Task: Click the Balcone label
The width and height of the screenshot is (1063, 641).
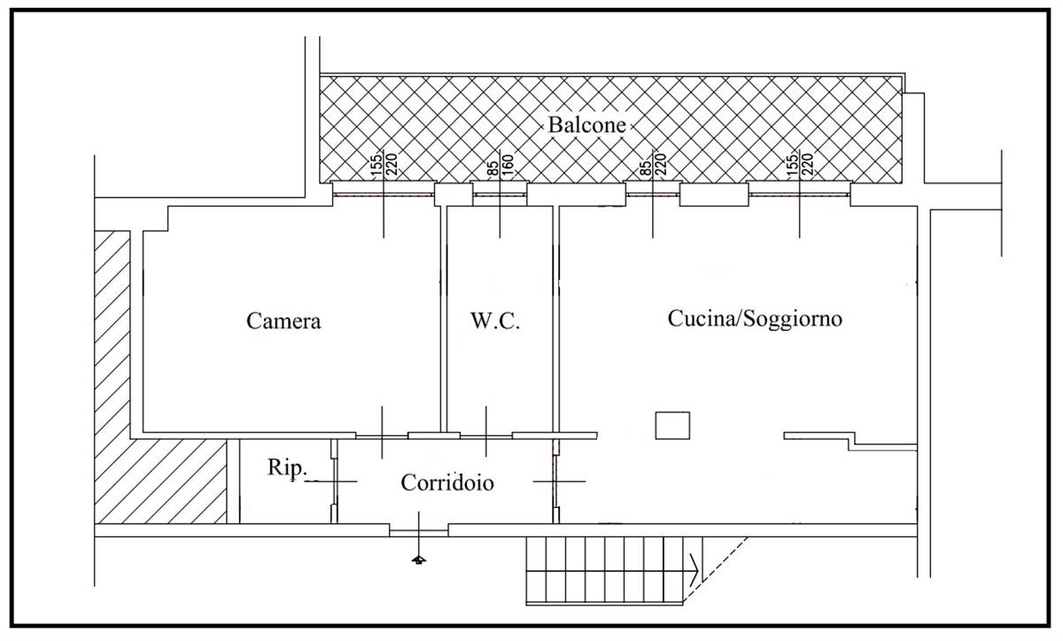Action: tap(587, 125)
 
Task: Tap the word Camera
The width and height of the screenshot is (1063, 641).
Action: tap(283, 321)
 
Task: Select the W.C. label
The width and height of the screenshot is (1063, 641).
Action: tap(495, 321)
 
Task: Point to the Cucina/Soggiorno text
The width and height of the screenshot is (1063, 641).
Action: tap(755, 318)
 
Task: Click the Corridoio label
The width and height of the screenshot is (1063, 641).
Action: tap(447, 483)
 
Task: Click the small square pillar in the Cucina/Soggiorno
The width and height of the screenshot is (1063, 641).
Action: tap(672, 426)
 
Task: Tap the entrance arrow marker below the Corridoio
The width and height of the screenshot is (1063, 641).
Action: tap(418, 559)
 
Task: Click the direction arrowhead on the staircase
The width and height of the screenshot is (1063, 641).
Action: tap(694, 570)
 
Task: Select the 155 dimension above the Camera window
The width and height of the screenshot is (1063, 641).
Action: tap(376, 165)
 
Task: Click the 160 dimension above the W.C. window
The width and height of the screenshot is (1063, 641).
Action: tap(508, 165)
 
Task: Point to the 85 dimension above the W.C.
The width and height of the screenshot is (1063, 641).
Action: tap(493, 168)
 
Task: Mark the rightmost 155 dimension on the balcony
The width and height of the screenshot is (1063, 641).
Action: tap(792, 165)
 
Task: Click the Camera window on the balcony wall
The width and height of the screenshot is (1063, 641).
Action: tap(383, 194)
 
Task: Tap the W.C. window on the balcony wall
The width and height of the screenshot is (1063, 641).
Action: tap(500, 194)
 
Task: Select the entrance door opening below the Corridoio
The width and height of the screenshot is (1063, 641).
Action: tap(418, 533)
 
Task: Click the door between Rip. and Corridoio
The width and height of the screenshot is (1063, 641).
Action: tap(335, 481)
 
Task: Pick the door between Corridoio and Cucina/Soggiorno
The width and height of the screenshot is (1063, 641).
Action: tap(555, 481)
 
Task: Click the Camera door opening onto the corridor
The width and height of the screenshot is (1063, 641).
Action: tap(382, 436)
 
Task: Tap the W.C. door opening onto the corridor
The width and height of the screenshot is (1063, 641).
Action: tap(486, 436)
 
